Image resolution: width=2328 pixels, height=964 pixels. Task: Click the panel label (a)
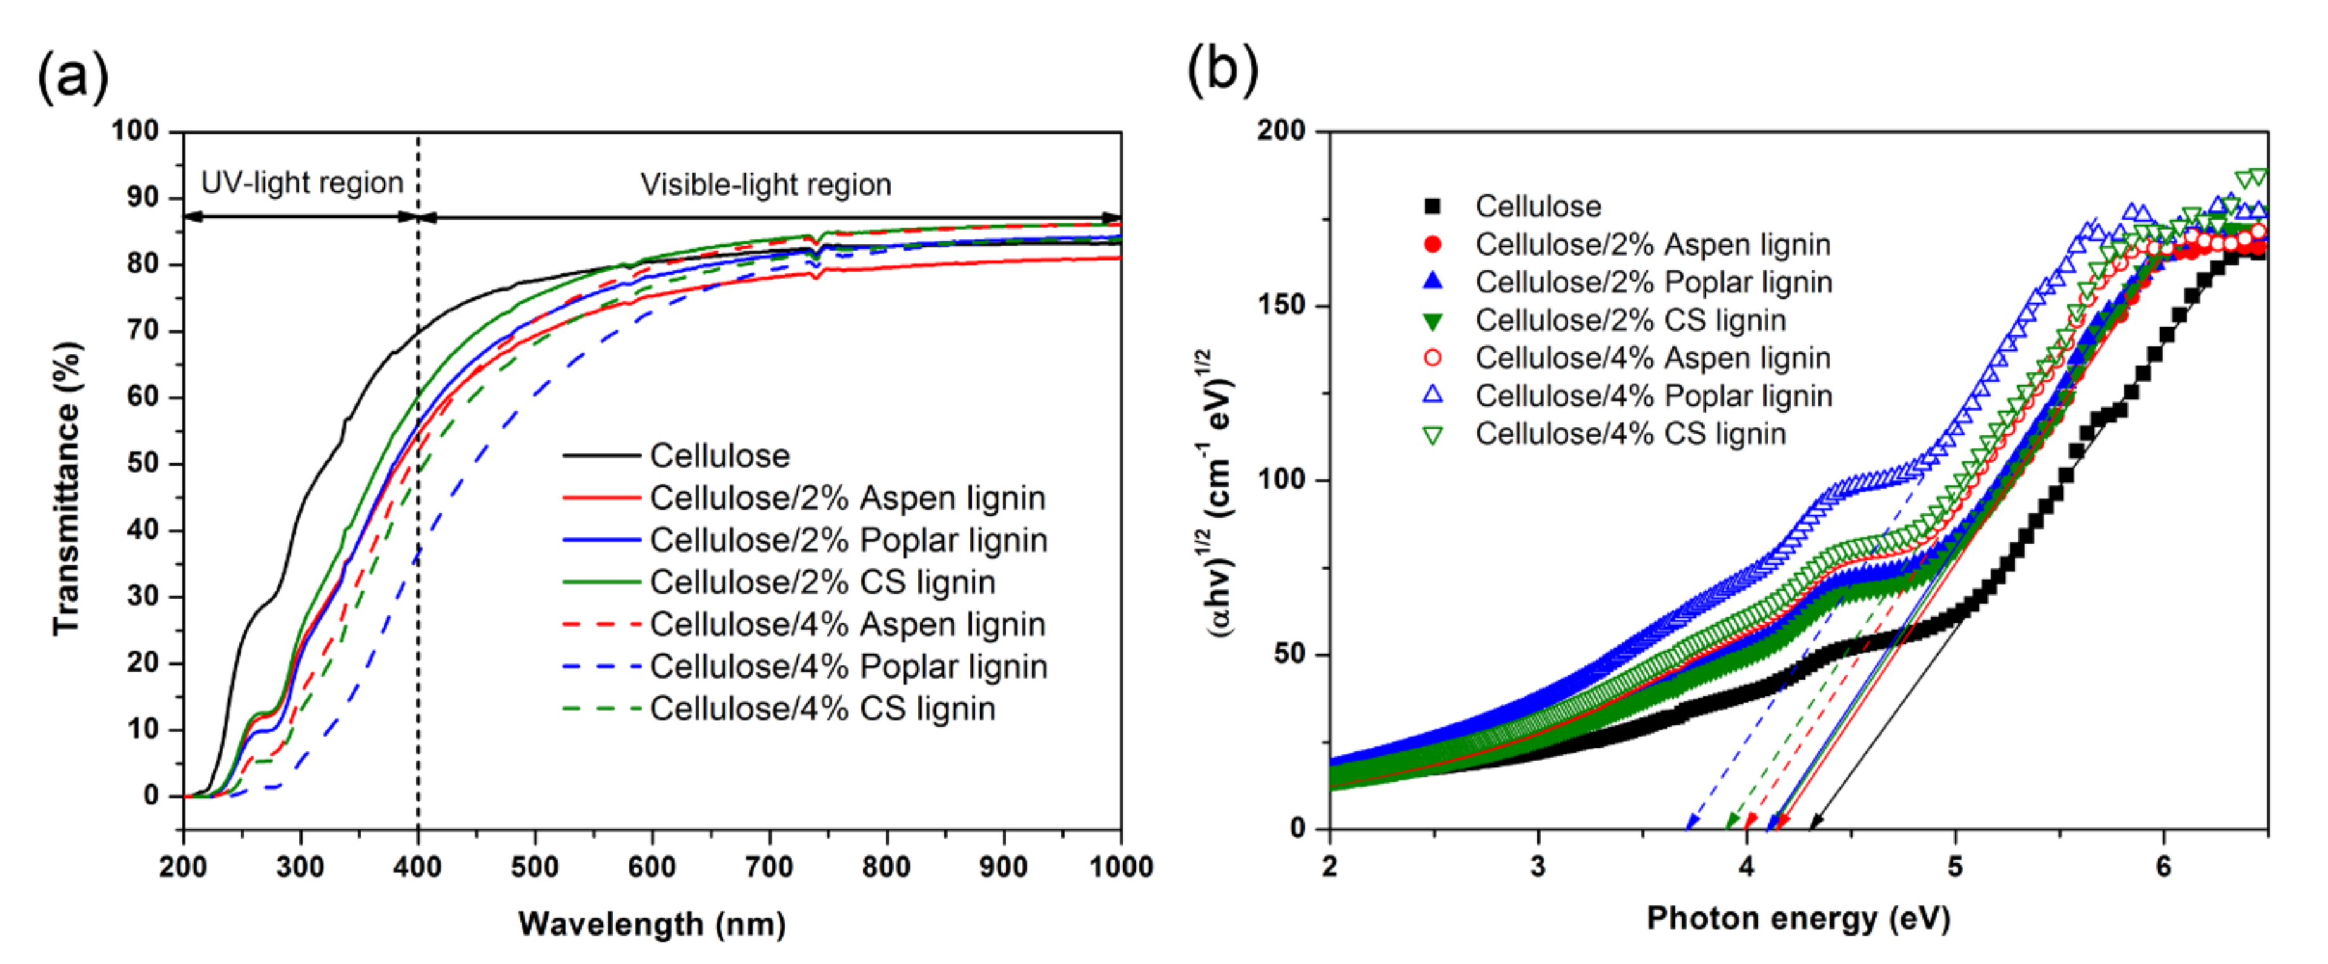pos(72,76)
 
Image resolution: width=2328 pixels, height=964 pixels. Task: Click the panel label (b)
pos(1221,70)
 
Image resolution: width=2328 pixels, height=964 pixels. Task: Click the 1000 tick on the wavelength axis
pos(1120,867)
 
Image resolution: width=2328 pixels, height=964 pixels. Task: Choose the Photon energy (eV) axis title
pos(1798,918)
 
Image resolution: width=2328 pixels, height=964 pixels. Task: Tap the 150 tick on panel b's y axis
pos(1282,305)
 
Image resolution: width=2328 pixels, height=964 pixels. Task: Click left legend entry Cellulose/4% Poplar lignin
pos(848,667)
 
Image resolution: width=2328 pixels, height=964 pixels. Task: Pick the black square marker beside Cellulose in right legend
pos(1432,207)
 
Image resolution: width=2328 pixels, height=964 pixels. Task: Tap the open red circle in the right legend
pos(1432,358)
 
